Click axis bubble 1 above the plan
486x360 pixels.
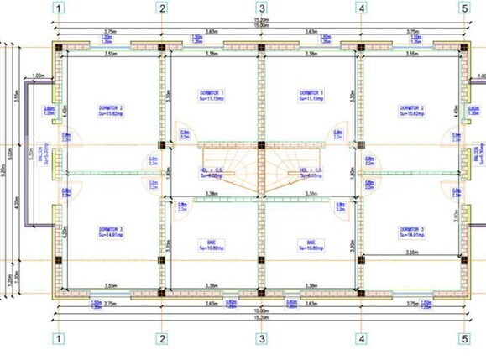(59, 8)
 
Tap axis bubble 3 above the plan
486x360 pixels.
(262, 8)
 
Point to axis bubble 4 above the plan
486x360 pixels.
(362, 8)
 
